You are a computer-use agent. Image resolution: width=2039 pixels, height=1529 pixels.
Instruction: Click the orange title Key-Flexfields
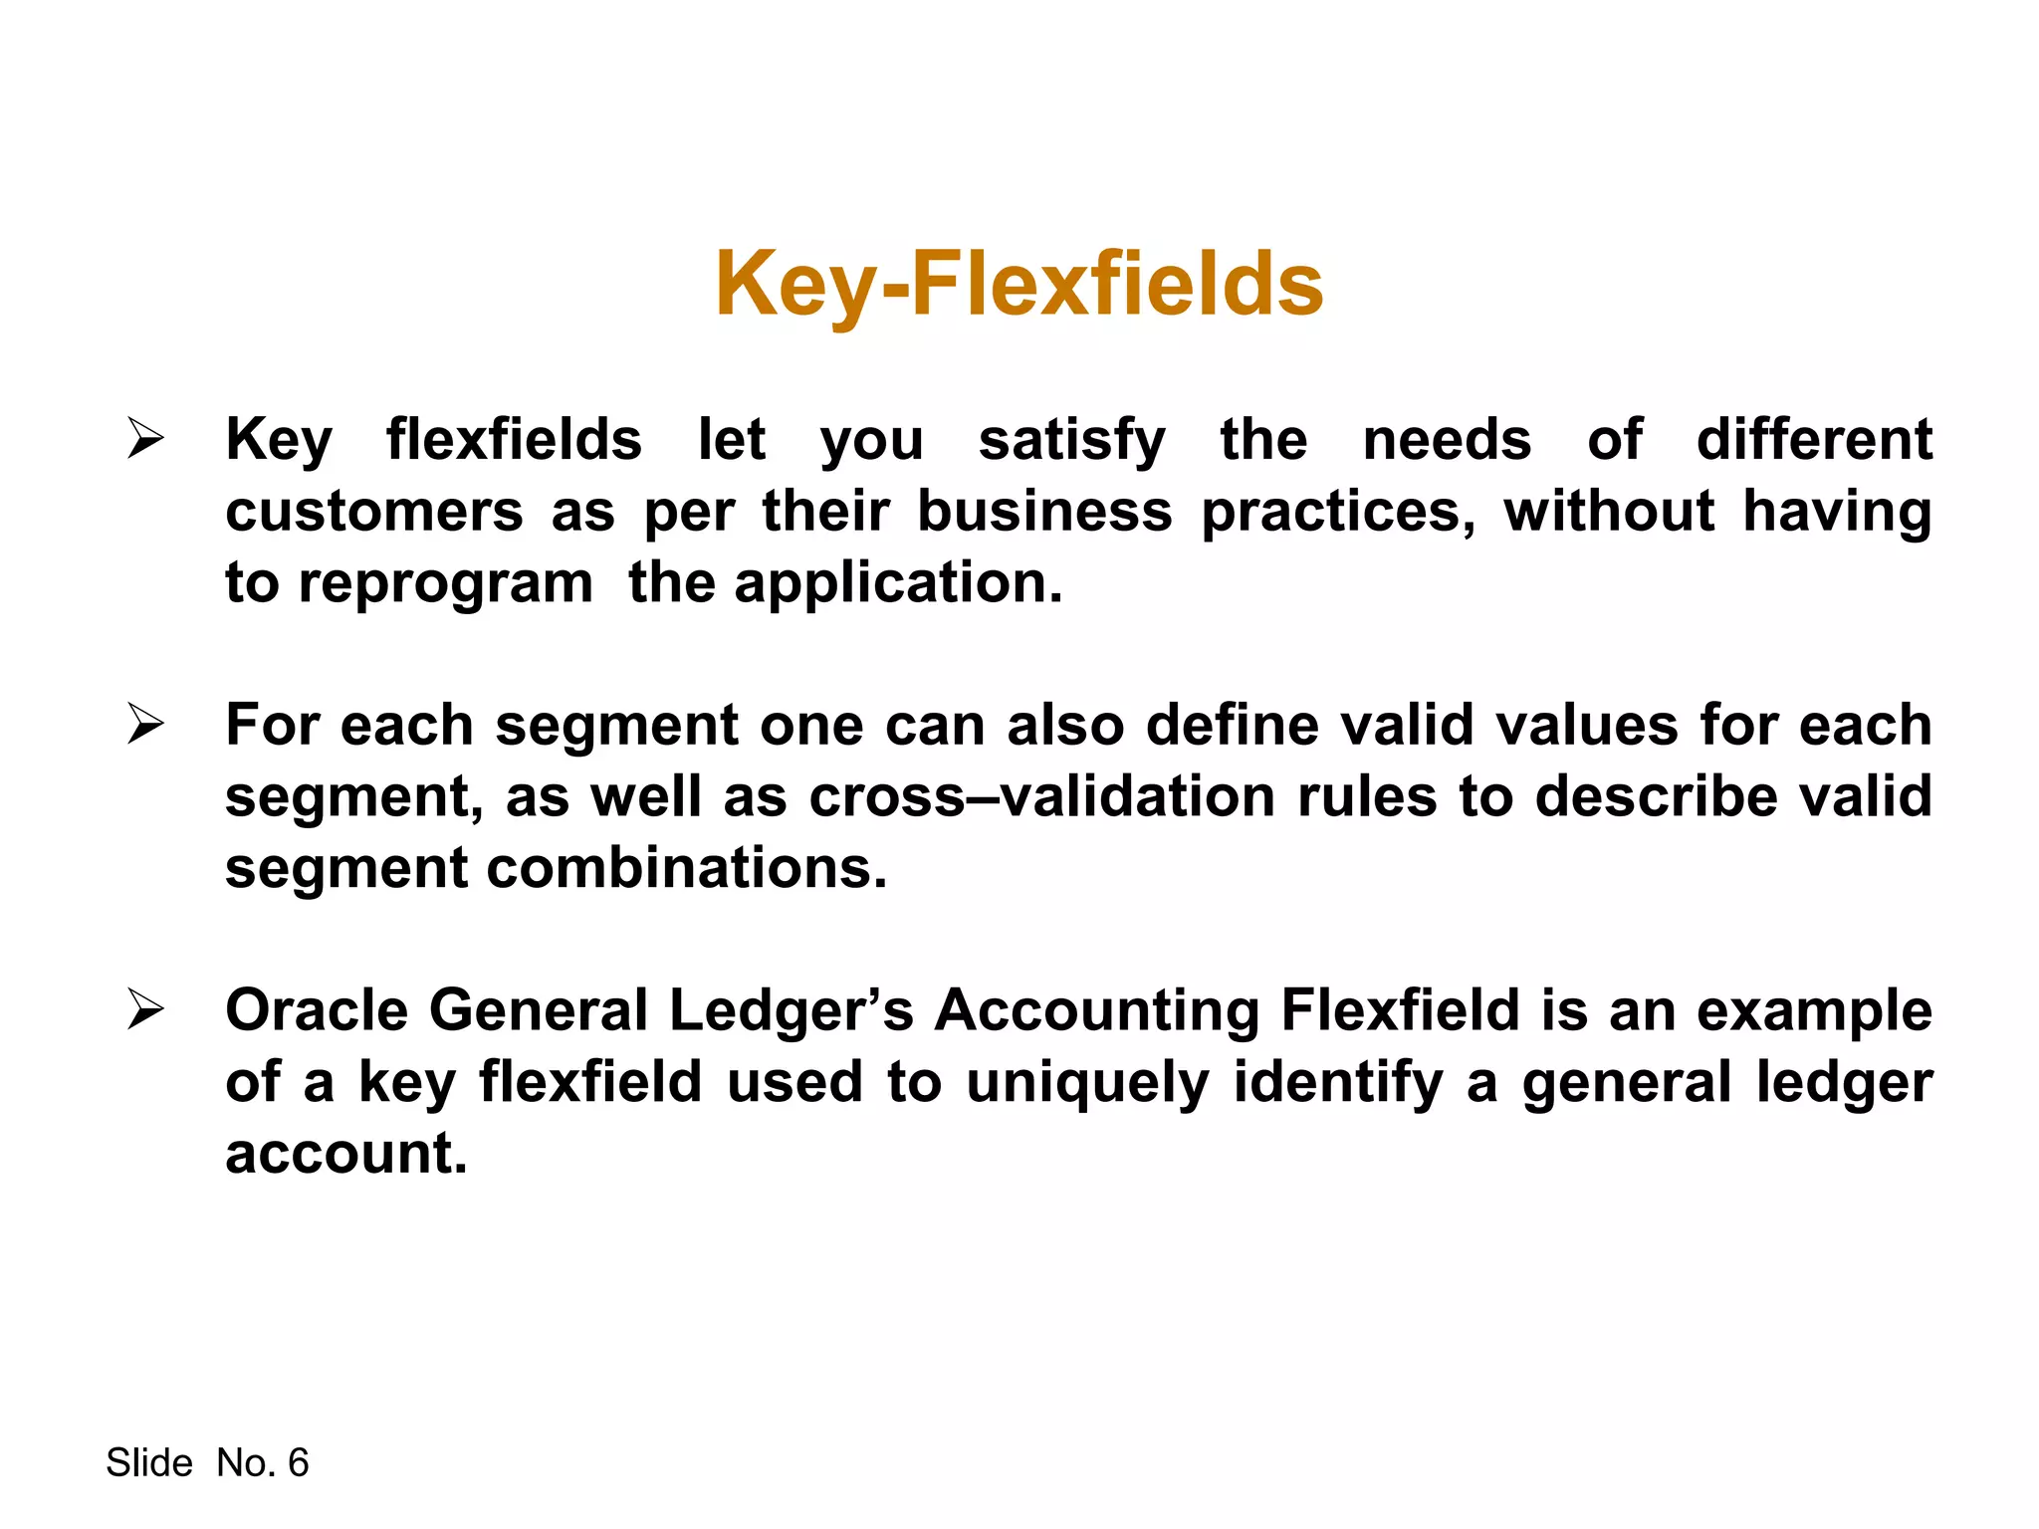pos(1019,285)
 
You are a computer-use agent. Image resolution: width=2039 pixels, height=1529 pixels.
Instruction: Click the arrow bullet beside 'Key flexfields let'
pos(145,439)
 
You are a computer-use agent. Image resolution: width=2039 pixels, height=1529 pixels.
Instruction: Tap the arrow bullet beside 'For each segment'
pos(145,724)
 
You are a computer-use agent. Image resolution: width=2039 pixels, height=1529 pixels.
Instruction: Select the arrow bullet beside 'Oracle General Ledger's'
pos(145,1009)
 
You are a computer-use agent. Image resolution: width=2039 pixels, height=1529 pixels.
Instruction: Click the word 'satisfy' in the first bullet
pos(1071,441)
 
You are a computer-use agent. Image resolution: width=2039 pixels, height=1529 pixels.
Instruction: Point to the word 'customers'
pos(373,512)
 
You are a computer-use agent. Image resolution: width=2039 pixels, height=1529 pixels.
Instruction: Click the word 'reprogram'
pos(445,584)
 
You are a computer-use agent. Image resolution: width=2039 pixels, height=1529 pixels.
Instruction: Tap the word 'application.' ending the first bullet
pos(898,584)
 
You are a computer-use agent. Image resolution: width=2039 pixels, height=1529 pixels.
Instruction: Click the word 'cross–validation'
pos(1041,796)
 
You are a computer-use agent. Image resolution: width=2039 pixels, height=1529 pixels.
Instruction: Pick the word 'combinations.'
pos(686,868)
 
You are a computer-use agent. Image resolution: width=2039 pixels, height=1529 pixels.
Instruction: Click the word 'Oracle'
pos(317,1010)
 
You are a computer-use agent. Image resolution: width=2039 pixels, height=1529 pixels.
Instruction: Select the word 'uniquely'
pos(1087,1083)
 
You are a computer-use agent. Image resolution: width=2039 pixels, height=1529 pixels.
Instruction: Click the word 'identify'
pos(1337,1083)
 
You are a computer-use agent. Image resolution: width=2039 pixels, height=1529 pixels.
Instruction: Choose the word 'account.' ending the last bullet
pos(345,1154)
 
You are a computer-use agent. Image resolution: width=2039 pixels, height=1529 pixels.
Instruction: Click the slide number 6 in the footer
pos(298,1462)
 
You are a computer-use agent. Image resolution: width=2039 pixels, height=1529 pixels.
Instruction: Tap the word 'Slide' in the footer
pos(149,1462)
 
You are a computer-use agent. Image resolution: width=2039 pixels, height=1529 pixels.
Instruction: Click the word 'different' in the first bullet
pos(1814,439)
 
